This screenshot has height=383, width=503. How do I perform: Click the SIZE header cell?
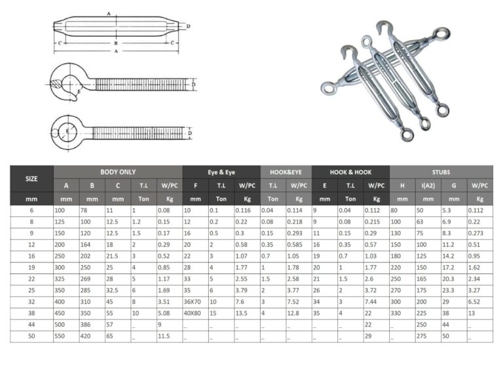[31, 178]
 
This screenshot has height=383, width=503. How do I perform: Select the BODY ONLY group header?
[118, 172]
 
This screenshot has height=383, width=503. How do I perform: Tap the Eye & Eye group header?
[221, 172]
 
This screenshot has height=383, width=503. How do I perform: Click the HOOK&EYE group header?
[286, 172]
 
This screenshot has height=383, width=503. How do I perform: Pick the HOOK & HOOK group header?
[350, 172]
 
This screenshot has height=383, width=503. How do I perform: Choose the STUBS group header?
[441, 172]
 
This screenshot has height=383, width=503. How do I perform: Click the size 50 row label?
[31, 336]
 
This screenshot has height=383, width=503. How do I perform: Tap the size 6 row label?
[31, 211]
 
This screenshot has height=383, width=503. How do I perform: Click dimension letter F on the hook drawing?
[195, 83]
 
